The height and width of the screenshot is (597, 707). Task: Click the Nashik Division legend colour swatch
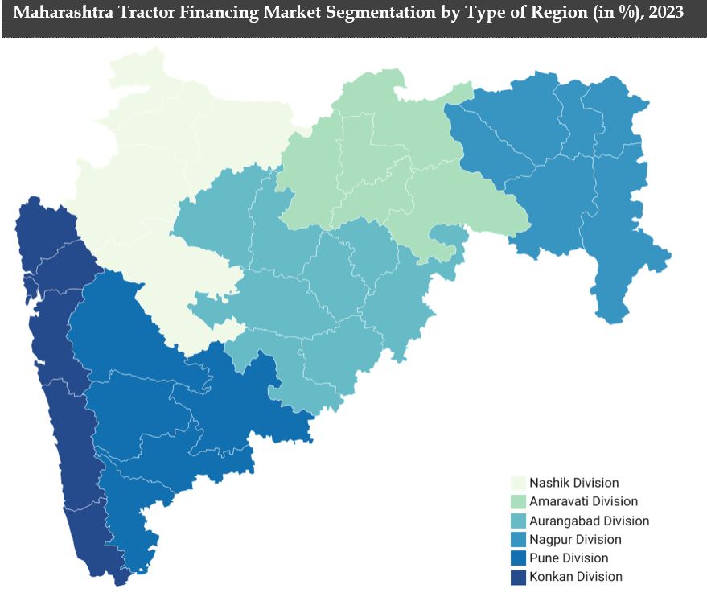coord(518,483)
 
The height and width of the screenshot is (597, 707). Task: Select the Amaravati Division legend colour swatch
coord(518,502)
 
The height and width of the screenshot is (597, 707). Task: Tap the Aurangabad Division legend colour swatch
coord(518,521)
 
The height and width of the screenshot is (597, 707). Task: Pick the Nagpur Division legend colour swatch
coord(518,539)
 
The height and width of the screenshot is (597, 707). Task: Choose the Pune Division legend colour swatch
coord(518,558)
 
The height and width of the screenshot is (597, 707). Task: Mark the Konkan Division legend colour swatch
coord(518,576)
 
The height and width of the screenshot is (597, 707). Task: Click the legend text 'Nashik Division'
coord(573,483)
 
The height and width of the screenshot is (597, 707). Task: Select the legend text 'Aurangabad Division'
coord(589,521)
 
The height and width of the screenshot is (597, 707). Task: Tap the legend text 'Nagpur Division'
coord(575,539)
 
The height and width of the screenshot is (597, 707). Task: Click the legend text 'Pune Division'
coord(569,558)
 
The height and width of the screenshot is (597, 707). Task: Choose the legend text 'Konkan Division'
coord(575,576)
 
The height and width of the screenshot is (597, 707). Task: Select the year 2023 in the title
coord(664,14)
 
